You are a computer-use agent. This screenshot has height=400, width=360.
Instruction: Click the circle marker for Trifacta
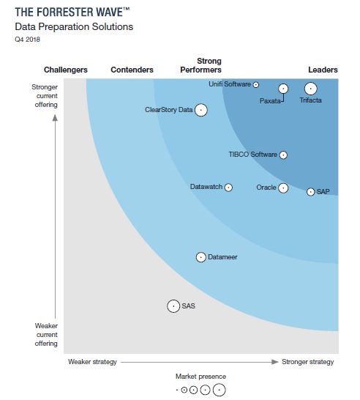coord(310,89)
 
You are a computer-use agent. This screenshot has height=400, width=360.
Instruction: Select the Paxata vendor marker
coord(283,89)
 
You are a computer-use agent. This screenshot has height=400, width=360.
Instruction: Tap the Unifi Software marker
coord(256,85)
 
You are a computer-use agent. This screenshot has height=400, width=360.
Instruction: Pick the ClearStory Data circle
coord(200,110)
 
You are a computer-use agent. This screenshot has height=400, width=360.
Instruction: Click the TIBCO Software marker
coord(284,155)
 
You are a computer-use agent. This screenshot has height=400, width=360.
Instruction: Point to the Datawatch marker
coord(228,188)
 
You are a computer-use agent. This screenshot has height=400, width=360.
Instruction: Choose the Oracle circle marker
coord(283,188)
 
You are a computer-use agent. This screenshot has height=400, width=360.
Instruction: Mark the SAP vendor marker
coord(310,192)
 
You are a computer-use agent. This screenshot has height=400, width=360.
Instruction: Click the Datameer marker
coord(201,256)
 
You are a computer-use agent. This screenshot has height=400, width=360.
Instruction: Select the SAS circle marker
coord(173,306)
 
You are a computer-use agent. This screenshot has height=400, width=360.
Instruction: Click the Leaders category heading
coord(323,70)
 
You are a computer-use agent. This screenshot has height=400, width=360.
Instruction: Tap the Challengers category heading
coord(66,70)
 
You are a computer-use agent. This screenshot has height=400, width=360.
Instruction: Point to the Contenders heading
coord(132,70)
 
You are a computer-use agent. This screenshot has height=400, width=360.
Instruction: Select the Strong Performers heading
coord(200,65)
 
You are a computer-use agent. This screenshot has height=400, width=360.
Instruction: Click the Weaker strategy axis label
coord(92,361)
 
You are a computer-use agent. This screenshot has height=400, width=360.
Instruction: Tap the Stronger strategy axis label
coord(307,361)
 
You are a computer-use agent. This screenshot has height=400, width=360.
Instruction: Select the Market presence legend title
coord(200,376)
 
